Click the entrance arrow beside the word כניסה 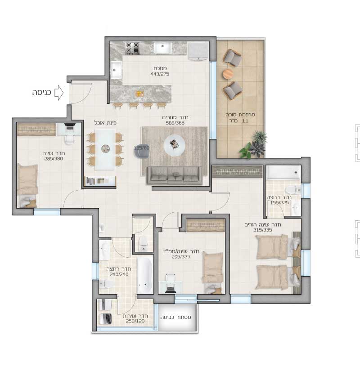59,93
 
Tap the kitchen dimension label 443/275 160,74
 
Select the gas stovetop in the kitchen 133,48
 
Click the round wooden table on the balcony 228,74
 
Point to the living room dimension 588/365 175,123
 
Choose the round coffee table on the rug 174,145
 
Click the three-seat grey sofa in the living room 175,175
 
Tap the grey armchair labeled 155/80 142,151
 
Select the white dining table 105,150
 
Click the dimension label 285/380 54,158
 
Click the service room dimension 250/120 135,321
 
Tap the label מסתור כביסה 175,317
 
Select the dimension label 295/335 181,257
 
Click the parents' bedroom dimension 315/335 262,230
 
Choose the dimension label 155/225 279,203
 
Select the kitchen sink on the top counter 162,48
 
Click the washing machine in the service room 105,318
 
